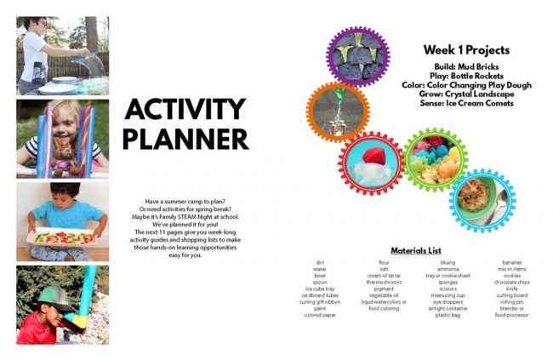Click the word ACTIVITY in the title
click(x=185, y=111)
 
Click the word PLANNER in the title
click(x=185, y=138)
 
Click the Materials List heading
click(x=417, y=251)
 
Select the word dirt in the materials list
click(x=319, y=263)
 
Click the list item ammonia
click(x=448, y=270)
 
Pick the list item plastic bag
click(x=448, y=315)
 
